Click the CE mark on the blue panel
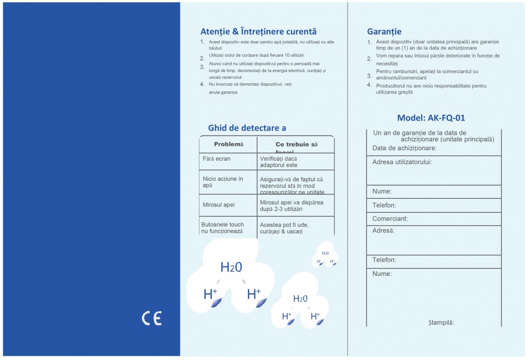(151, 318)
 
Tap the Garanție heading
(384, 32)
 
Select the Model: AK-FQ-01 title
(431, 118)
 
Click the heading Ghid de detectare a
(247, 127)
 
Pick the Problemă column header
(228, 144)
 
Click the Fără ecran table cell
(216, 159)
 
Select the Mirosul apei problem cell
(218, 205)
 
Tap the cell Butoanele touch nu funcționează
(222, 228)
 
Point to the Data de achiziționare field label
(404, 148)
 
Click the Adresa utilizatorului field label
(402, 162)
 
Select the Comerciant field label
(390, 219)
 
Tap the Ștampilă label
(441, 322)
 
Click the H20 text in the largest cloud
(231, 267)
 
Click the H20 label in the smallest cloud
(325, 253)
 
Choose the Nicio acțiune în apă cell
(222, 182)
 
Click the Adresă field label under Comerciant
(383, 231)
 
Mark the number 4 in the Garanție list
(369, 85)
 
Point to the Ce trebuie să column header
(296, 145)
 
